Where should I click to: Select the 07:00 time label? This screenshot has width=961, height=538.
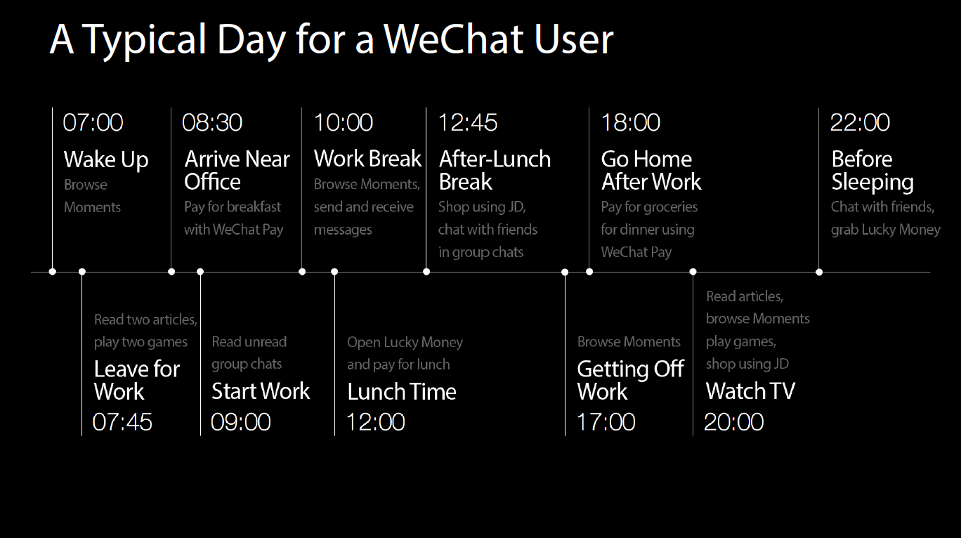coord(93,123)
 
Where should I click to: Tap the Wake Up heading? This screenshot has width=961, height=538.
coord(106,160)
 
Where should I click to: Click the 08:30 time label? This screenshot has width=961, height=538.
coord(212,123)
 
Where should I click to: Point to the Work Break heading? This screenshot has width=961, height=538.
coord(367,159)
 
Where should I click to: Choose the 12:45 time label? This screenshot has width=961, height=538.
coord(468,123)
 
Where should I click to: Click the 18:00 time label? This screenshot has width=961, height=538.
coord(631,123)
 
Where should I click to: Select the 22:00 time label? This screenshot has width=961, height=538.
coord(860,123)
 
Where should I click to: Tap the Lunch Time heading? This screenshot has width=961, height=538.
coord(402,392)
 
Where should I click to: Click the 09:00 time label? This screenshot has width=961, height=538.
coord(241,422)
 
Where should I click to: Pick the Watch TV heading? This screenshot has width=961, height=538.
coord(750,391)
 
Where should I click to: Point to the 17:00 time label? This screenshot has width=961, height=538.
coord(606,422)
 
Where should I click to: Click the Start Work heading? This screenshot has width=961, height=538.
coord(261,391)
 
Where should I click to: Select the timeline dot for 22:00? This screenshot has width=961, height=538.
coord(819,272)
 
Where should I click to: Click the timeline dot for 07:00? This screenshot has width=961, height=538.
coord(53,272)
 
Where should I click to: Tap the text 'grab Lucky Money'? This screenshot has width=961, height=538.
coord(885,230)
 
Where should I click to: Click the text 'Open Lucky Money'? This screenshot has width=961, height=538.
coord(405,343)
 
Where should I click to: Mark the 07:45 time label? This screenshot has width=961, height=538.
coord(122,422)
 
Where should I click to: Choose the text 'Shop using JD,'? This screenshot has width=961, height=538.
coord(481,207)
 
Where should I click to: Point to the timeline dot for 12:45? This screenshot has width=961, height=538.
coord(426,272)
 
